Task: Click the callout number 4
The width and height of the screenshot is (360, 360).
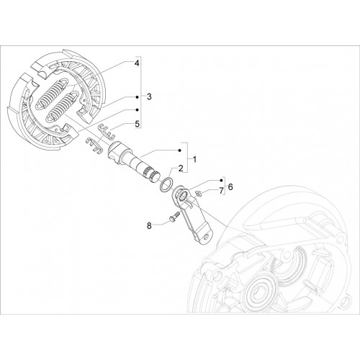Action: point(137,63)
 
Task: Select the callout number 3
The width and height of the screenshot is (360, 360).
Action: point(149,96)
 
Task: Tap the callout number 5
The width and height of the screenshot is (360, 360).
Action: point(137,124)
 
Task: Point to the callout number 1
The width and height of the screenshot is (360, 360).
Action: point(194,159)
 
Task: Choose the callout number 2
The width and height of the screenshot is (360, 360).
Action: point(181,168)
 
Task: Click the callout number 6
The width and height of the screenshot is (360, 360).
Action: point(230,186)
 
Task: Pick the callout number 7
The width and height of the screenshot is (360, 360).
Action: point(221,191)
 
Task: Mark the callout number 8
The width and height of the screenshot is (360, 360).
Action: point(149,226)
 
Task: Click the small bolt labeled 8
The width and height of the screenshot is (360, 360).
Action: point(174,216)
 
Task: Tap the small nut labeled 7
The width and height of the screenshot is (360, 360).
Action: point(199,193)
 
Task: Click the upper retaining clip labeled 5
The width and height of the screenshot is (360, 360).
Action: point(107,131)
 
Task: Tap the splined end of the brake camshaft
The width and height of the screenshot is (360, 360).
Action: point(152,176)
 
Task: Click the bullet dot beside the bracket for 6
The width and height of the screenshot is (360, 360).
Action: point(221,180)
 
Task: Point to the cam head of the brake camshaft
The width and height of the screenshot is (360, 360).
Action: point(116,150)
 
